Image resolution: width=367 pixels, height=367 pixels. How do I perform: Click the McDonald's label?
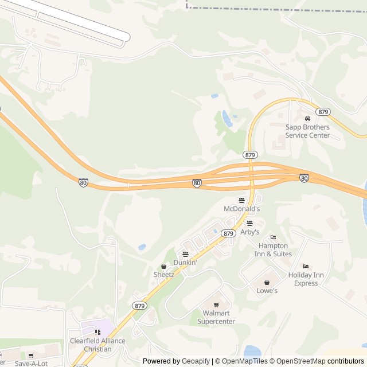241,209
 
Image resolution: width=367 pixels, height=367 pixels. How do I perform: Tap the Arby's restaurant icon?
249,224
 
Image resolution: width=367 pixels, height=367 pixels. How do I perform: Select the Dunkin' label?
185,263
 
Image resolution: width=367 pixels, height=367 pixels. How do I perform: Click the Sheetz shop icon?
163,266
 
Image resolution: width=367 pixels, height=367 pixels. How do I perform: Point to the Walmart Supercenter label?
216,317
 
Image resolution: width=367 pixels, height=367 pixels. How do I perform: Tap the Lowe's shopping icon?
267,282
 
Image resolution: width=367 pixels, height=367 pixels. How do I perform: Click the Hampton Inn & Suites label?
275,250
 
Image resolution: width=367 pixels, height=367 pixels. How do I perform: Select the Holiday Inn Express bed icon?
306,267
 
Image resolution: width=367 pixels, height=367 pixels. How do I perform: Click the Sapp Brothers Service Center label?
308,131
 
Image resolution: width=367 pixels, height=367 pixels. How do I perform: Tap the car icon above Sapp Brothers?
307,118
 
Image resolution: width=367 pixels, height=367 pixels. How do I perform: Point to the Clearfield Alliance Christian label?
97,345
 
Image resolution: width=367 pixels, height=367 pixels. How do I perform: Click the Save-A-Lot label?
31,363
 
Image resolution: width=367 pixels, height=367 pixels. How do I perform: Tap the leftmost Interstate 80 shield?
83,182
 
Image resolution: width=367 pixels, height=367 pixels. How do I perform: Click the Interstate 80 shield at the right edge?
304,178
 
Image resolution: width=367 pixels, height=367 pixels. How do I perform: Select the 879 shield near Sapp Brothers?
323,111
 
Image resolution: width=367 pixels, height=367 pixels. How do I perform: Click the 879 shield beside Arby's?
228,233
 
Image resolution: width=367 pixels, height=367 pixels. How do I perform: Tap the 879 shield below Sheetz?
139,306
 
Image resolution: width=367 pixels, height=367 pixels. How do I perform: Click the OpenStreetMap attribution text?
298,361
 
